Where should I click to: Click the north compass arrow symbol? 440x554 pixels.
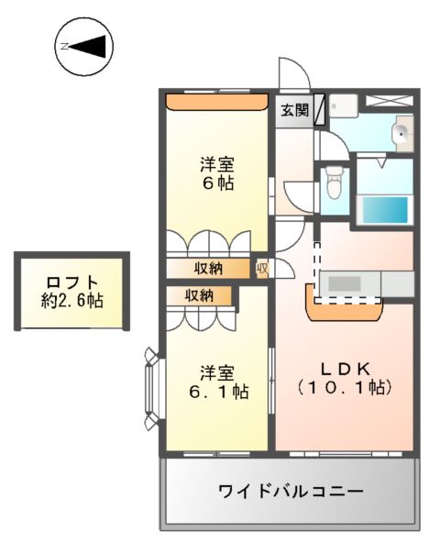tap(84, 46)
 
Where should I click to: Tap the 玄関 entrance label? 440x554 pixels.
tap(293, 111)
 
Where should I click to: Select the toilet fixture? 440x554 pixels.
tap(334, 186)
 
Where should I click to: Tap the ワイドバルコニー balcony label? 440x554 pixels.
tap(291, 491)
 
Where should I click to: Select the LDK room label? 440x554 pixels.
tap(344, 368)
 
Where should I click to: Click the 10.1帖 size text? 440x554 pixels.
tap(345, 388)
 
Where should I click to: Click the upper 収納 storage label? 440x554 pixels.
tap(207, 269)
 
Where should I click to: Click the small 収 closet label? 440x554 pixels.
tap(261, 269)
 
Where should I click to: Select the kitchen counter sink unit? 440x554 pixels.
tap(351, 284)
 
